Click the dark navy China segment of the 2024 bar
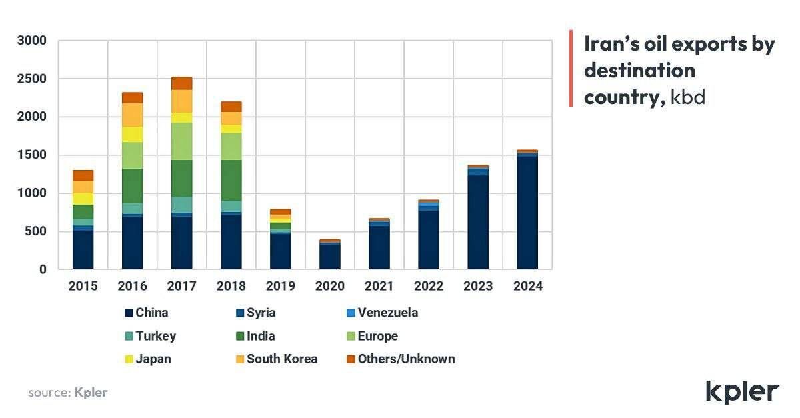pyautogui.click(x=527, y=213)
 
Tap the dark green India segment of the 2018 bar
pyautogui.click(x=231, y=180)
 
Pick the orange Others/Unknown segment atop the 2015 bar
pyautogui.click(x=83, y=175)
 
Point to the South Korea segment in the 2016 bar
pyautogui.click(x=132, y=115)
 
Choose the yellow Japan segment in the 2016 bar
pyautogui.click(x=132, y=134)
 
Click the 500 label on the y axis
pyautogui.click(x=36, y=231)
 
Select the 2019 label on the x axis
pyautogui.click(x=280, y=286)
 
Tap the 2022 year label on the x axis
pyautogui.click(x=428, y=286)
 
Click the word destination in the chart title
pyautogui.click(x=639, y=70)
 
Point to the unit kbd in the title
pyautogui.click(x=688, y=97)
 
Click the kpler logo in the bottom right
pyautogui.click(x=741, y=392)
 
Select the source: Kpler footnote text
pyautogui.click(x=67, y=393)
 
